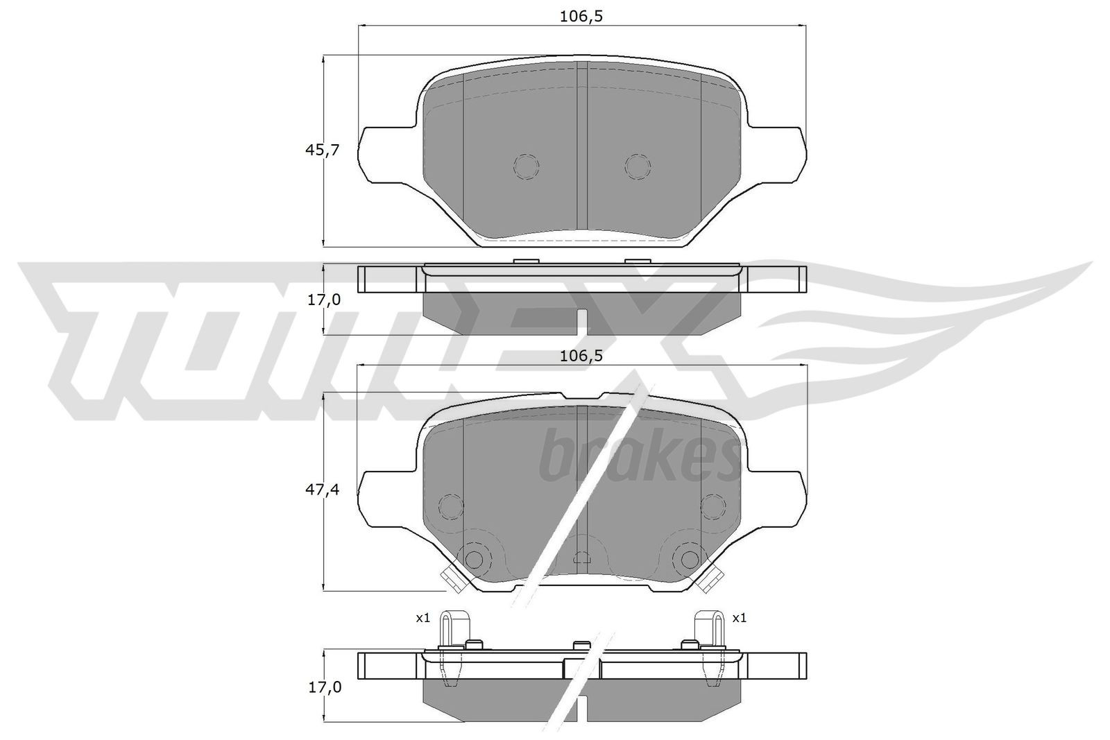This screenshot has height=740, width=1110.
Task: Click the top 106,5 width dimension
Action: click(x=581, y=17)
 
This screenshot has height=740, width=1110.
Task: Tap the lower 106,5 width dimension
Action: click(x=581, y=356)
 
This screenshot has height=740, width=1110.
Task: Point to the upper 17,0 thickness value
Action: click(x=324, y=300)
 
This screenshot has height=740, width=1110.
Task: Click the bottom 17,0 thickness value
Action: click(x=324, y=687)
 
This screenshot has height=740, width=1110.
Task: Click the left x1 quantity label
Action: click(x=423, y=617)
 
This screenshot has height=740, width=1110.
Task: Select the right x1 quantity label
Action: click(x=740, y=617)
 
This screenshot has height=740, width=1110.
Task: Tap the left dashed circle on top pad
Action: click(x=526, y=166)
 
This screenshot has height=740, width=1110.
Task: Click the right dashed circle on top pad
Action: click(x=638, y=166)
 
